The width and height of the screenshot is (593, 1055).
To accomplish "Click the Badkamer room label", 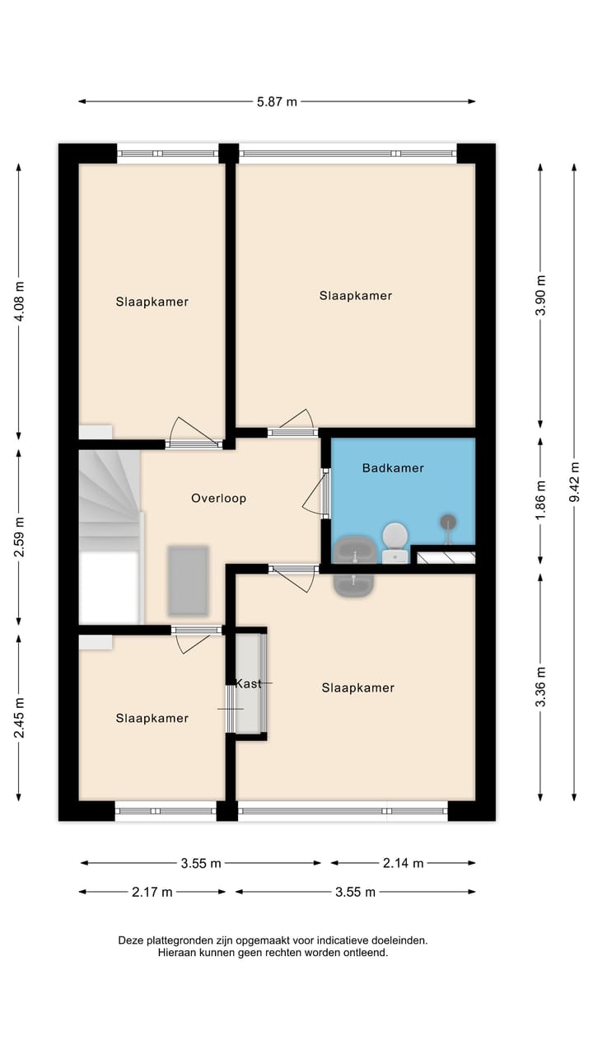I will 393,468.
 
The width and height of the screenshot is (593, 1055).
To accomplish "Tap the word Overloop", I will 218,498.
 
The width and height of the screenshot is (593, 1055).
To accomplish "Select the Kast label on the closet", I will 248,683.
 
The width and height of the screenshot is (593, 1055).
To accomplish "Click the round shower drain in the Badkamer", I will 448,521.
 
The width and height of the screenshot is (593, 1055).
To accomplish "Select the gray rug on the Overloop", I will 188,580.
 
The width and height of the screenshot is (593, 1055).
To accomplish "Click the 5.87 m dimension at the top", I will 277,102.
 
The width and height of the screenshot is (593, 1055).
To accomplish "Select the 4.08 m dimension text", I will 20,301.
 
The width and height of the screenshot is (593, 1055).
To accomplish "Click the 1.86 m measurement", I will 540,498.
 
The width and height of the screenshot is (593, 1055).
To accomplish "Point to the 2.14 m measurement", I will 403,863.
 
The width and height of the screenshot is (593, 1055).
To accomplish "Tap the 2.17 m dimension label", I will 152,892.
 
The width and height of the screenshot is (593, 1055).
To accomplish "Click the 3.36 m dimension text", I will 540,687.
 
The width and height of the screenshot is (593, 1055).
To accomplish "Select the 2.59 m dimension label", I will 20,537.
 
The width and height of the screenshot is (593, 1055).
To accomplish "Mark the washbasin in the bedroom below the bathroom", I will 354,584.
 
